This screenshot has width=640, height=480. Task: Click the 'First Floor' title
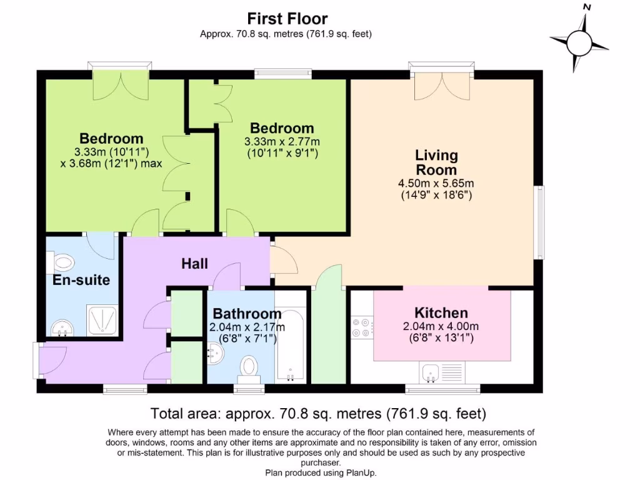[x=287, y=19]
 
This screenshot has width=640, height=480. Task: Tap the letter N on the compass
[x=586, y=7]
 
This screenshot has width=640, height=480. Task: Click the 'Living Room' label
[x=437, y=162]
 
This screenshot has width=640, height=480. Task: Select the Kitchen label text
[x=441, y=312]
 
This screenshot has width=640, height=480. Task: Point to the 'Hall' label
[x=194, y=264]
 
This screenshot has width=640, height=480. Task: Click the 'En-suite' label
[x=81, y=279]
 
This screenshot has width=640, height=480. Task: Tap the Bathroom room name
[x=247, y=313]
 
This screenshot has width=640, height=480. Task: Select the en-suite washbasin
[x=60, y=327]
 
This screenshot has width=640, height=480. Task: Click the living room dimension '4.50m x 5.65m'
[x=436, y=183]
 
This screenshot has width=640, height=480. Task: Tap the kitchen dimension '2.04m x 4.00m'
[x=441, y=326]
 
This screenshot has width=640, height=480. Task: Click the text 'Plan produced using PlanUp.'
[x=321, y=472]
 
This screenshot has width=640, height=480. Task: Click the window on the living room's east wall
[x=538, y=222]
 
